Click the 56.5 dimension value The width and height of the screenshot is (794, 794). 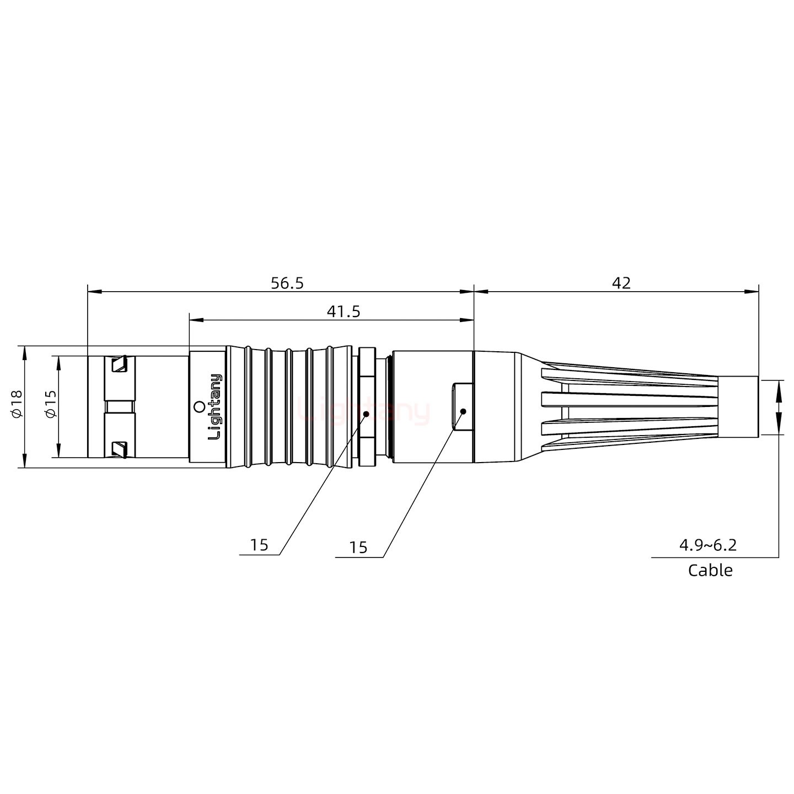point(287,283)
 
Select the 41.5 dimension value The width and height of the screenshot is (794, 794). point(343,312)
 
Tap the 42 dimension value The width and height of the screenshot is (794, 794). point(621,283)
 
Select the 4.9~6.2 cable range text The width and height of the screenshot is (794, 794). point(707,545)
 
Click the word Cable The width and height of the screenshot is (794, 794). point(710,570)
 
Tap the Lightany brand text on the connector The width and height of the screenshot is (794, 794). point(214,406)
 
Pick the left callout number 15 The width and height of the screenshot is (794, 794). point(259,545)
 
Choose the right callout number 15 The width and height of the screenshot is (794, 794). point(358,548)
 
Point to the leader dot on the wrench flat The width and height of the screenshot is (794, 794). point(463,411)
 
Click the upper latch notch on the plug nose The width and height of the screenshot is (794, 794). point(119,364)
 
